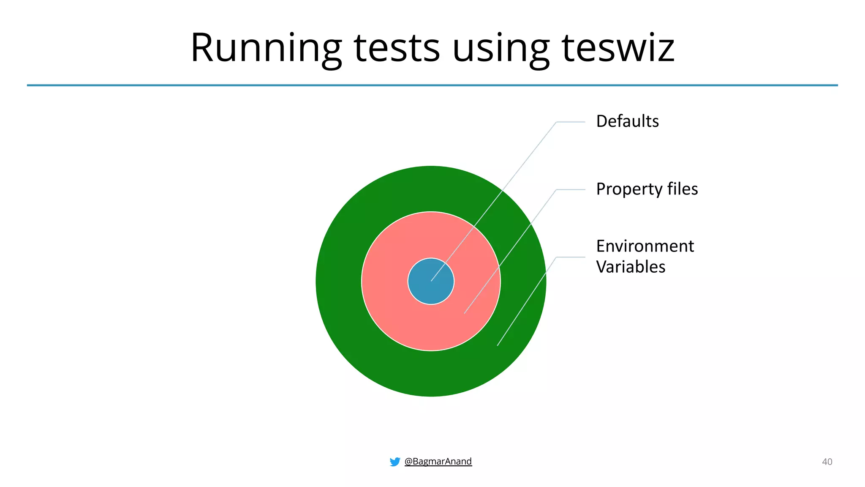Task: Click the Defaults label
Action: (x=627, y=121)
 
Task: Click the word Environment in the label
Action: (x=645, y=246)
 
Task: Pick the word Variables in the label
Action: (x=631, y=267)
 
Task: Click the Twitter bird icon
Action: (x=395, y=462)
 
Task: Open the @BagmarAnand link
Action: (x=438, y=461)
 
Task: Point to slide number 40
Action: (x=827, y=462)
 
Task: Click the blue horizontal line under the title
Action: (x=253, y=85)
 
